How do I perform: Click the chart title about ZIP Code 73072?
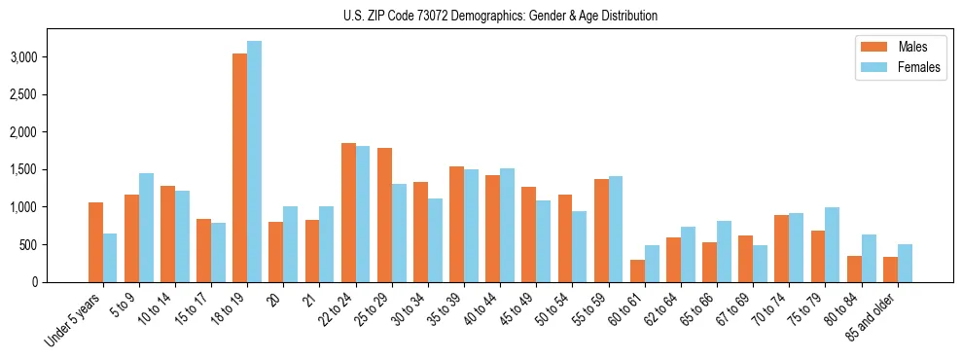tap(500, 16)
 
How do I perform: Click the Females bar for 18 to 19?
tap(254, 162)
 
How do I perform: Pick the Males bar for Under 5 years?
tap(95, 242)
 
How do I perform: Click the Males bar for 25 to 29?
tap(384, 215)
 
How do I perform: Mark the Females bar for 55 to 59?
tap(616, 229)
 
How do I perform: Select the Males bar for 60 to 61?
tap(637, 270)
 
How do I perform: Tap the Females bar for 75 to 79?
tap(833, 244)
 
